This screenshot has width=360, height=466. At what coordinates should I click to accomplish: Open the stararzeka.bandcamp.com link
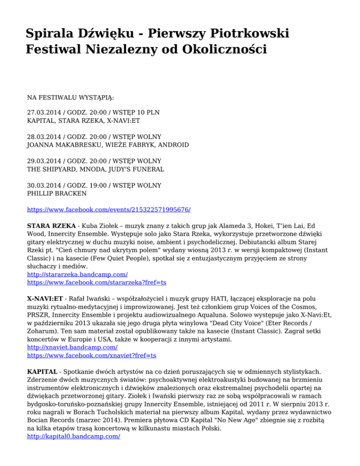click(77, 275)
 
